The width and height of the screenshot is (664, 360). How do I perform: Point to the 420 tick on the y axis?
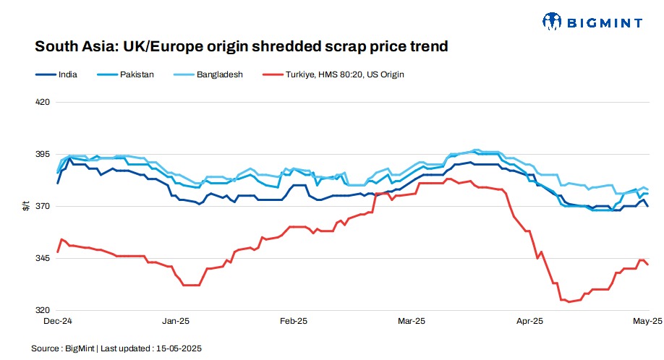[43, 102]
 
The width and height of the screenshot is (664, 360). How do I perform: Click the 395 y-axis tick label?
[43, 155]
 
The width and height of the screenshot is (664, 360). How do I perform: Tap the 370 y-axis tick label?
[43, 207]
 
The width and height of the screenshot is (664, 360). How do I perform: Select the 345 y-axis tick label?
[43, 259]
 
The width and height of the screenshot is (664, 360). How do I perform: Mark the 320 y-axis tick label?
[43, 310]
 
